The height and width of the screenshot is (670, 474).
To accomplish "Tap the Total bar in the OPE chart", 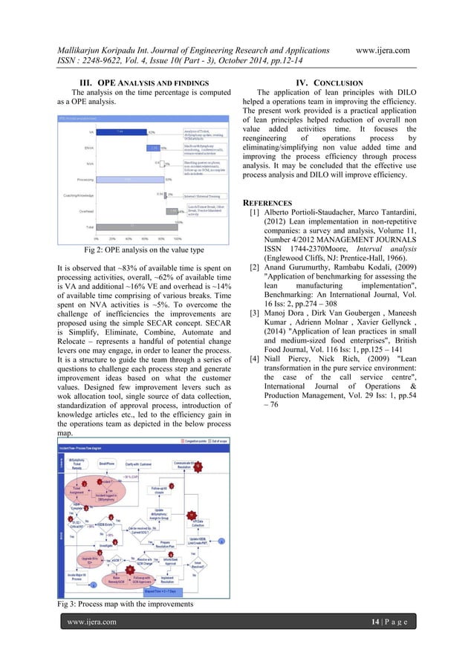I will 133,226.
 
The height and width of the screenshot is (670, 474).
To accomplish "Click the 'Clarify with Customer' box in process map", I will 139,465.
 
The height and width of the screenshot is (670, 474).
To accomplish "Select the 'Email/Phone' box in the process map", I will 105,465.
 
